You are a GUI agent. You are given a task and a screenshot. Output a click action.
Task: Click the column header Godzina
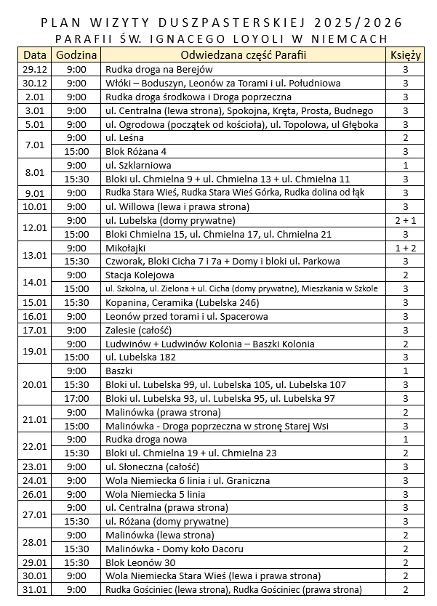pyautogui.click(x=76, y=55)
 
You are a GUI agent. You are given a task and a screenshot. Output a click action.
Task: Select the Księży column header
pyautogui.click(x=405, y=55)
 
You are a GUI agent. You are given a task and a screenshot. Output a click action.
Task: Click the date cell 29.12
pyautogui.click(x=35, y=69)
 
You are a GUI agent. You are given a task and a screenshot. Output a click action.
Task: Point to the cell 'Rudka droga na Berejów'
pyautogui.click(x=159, y=69)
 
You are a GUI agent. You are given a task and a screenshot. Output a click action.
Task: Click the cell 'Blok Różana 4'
pyautogui.click(x=136, y=152)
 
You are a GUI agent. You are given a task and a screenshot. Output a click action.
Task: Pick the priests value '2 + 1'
pyautogui.click(x=405, y=221)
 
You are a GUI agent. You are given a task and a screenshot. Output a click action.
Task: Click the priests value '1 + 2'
pyautogui.click(x=405, y=249)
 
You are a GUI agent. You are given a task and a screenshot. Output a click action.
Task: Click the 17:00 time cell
pyautogui.click(x=76, y=399)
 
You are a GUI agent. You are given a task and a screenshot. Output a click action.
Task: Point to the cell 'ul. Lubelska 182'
pyautogui.click(x=141, y=357)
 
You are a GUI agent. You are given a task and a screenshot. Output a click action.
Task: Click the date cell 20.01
pyautogui.click(x=35, y=385)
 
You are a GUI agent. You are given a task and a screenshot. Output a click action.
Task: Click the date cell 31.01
pyautogui.click(x=35, y=590)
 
